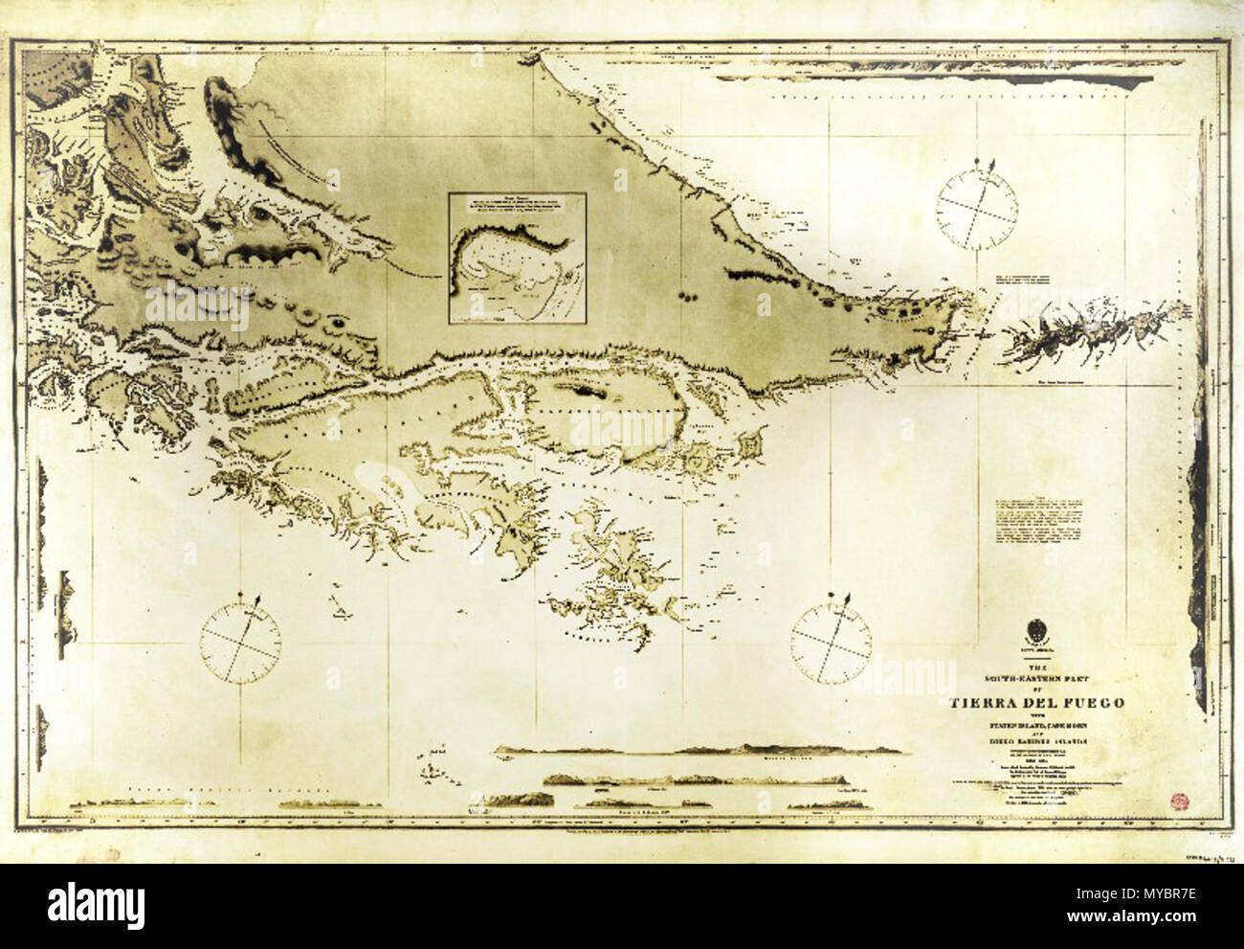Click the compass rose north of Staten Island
(x=976, y=209)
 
